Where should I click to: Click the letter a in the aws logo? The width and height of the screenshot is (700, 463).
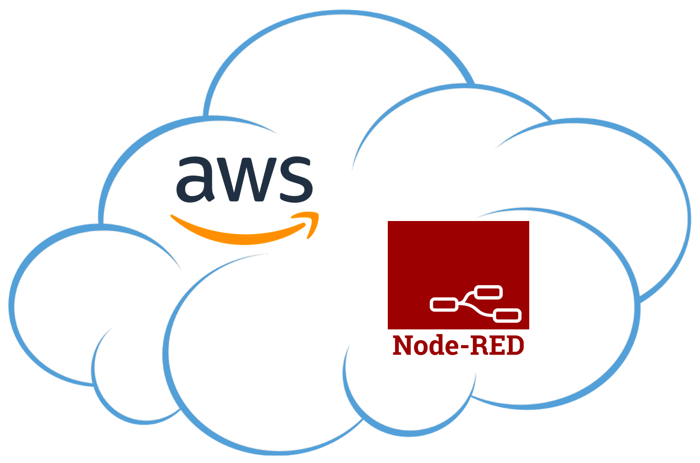tap(195, 180)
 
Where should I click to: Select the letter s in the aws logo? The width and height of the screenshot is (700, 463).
tap(296, 180)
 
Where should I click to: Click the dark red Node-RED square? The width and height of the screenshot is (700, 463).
tap(458, 275)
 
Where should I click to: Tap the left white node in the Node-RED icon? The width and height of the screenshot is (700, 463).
tap(444, 305)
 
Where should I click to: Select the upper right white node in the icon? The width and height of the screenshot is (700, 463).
tap(488, 292)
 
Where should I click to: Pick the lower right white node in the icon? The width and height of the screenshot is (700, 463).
tap(507, 315)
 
